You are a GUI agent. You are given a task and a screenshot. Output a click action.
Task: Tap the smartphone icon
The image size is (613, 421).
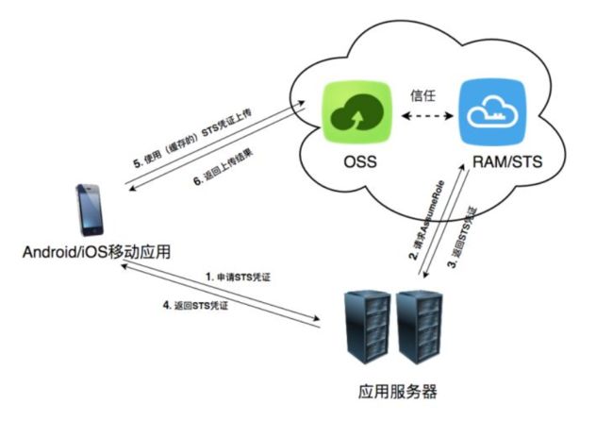[x=91, y=209]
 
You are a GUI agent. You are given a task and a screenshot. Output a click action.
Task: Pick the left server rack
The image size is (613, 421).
[x=367, y=327]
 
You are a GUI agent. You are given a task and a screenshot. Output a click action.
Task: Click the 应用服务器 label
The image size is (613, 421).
[x=391, y=390]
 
